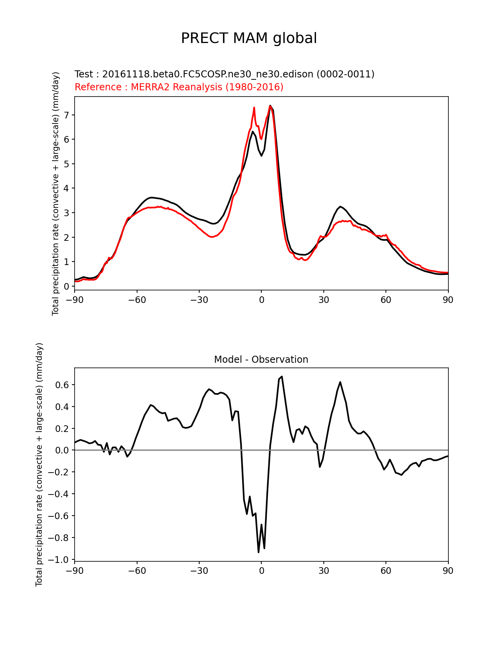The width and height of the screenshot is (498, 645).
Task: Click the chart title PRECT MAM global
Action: (x=249, y=38)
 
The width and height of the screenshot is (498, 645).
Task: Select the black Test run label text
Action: (x=224, y=74)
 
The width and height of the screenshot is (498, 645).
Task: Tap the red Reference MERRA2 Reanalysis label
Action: (x=179, y=87)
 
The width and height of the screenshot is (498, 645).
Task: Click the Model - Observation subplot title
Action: (x=261, y=360)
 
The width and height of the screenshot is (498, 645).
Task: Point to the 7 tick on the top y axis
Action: (x=67, y=115)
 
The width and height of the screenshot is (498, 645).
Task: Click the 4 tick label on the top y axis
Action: (x=67, y=188)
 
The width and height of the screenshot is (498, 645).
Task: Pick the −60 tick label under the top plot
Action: (x=137, y=300)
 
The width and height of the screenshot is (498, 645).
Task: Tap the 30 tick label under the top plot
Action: (x=323, y=300)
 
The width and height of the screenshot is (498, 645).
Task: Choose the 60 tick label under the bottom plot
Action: (x=386, y=571)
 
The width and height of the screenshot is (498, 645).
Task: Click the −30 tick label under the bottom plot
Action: (x=199, y=571)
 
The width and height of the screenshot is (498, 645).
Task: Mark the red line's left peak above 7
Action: (x=254, y=107)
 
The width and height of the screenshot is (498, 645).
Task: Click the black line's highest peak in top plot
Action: (x=270, y=106)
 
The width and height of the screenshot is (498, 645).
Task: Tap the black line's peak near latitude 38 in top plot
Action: (x=340, y=206)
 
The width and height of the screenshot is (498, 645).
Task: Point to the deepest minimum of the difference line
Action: (x=259, y=552)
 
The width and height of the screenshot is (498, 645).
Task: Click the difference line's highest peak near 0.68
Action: (x=282, y=376)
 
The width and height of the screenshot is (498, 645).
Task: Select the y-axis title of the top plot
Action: (x=55, y=193)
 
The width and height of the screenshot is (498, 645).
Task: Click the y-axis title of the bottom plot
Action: (x=39, y=464)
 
